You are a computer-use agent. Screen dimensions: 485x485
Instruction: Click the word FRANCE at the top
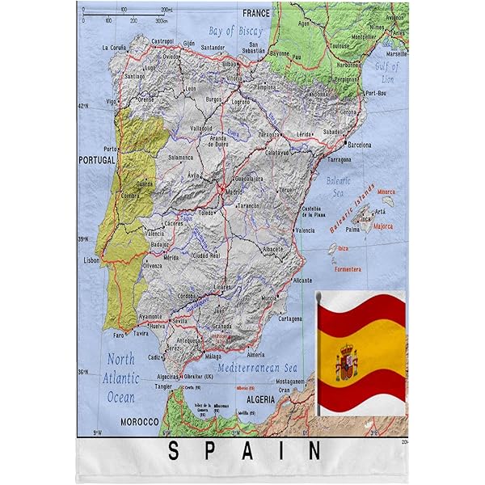(x=256, y=13)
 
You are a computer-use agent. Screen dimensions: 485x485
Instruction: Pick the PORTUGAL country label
(x=97, y=161)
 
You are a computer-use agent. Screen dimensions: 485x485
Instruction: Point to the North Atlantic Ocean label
(x=120, y=377)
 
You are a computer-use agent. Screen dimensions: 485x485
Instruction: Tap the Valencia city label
(x=305, y=230)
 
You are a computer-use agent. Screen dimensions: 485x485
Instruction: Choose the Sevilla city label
(x=179, y=321)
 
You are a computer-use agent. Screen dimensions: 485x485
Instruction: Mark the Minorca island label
(x=386, y=192)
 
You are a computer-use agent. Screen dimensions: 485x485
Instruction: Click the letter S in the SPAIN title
(x=173, y=451)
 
